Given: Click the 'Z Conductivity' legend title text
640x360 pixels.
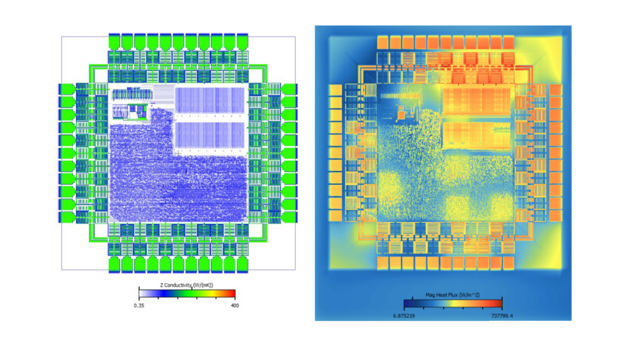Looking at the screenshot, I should tap(186, 285).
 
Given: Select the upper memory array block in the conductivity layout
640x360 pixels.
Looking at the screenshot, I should tap(210, 100).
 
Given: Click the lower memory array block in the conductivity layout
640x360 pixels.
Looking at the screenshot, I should tap(210, 135).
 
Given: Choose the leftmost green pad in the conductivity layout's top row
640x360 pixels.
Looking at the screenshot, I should tap(114, 41).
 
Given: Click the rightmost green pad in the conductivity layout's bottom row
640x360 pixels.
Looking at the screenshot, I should tap(240, 264).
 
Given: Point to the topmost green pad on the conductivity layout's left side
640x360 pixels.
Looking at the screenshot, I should tap(66, 90).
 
